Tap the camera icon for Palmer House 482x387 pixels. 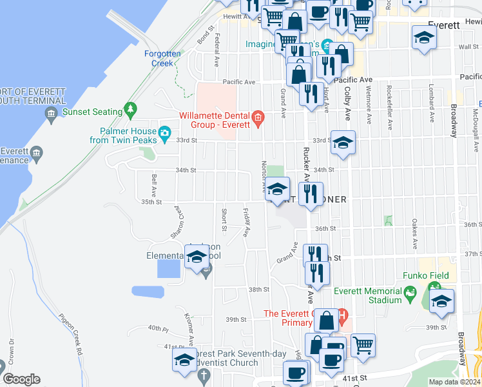click(x=165, y=135)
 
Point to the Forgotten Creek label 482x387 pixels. click(x=159, y=59)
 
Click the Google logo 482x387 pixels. click(x=21, y=379)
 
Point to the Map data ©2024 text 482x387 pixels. click(x=454, y=382)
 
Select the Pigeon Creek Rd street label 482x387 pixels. click(x=71, y=334)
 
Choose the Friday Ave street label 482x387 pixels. click(x=246, y=222)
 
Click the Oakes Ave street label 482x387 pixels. click(x=414, y=236)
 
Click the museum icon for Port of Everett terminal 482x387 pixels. click(x=51, y=115)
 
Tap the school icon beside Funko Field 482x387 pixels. click(x=441, y=301)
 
